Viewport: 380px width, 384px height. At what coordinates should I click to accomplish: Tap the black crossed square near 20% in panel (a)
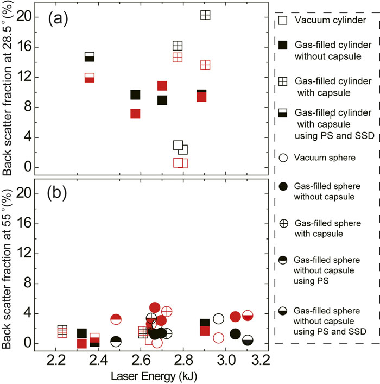pos(205,15)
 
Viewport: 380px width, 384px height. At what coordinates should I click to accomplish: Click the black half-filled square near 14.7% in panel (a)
pos(90,56)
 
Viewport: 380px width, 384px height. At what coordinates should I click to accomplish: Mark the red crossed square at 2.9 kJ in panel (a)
pos(205,65)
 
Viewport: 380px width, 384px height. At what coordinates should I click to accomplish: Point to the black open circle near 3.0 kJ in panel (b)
pos(218,319)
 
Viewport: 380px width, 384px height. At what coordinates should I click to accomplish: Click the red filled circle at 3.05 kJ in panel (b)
pos(235,317)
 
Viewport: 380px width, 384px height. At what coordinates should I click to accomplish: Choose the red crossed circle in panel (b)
pos(167,311)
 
